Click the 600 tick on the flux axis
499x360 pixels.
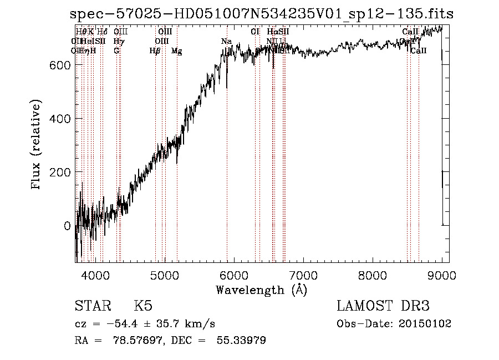59,65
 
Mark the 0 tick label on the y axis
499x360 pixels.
67,226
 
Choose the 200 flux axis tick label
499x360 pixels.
59,172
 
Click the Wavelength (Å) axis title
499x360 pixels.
261,290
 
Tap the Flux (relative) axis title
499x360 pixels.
37,145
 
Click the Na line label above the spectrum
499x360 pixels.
226,41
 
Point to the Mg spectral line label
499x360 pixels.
177,51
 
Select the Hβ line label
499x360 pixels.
155,51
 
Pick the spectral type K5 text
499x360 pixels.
143,306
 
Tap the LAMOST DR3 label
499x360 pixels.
383,306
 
